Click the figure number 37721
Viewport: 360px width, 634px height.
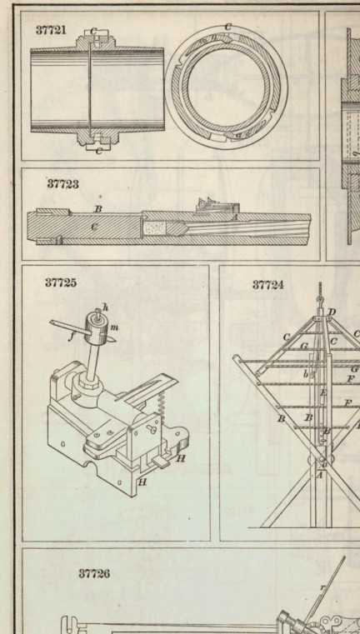(x=51, y=30)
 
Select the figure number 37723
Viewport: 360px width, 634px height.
(x=62, y=184)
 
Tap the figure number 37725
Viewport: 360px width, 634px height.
(x=60, y=282)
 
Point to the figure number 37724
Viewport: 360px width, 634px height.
(x=267, y=285)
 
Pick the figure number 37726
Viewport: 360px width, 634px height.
(x=94, y=574)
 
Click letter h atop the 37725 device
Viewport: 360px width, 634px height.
(x=105, y=307)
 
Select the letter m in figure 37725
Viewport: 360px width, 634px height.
(x=114, y=327)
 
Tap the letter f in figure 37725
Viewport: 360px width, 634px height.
(x=71, y=335)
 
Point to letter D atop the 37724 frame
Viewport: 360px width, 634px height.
(x=332, y=312)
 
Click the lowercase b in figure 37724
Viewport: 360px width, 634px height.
(x=306, y=374)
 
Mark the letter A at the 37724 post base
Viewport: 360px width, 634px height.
(x=319, y=475)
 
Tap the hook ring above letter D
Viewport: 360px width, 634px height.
(x=320, y=300)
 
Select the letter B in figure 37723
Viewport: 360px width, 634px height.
(x=97, y=209)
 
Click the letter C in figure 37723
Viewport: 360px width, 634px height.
(x=94, y=227)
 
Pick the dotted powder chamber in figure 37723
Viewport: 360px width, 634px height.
(x=154, y=228)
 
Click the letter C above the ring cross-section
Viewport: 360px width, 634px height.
(x=228, y=27)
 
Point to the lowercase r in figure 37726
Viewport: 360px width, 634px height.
(x=322, y=587)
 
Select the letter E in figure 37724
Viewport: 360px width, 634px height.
(x=322, y=392)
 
